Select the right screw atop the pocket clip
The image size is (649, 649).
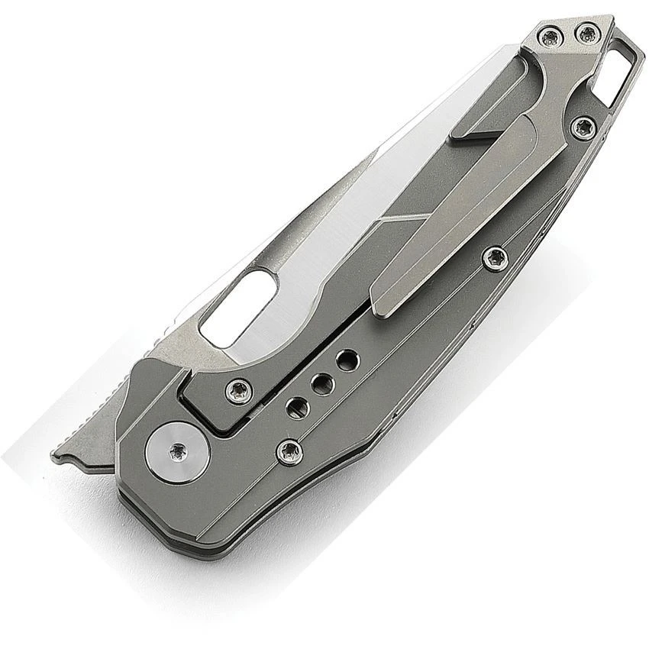[x=586, y=33]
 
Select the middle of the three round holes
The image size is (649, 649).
[x=321, y=383]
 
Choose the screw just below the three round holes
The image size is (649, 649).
[x=289, y=452]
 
